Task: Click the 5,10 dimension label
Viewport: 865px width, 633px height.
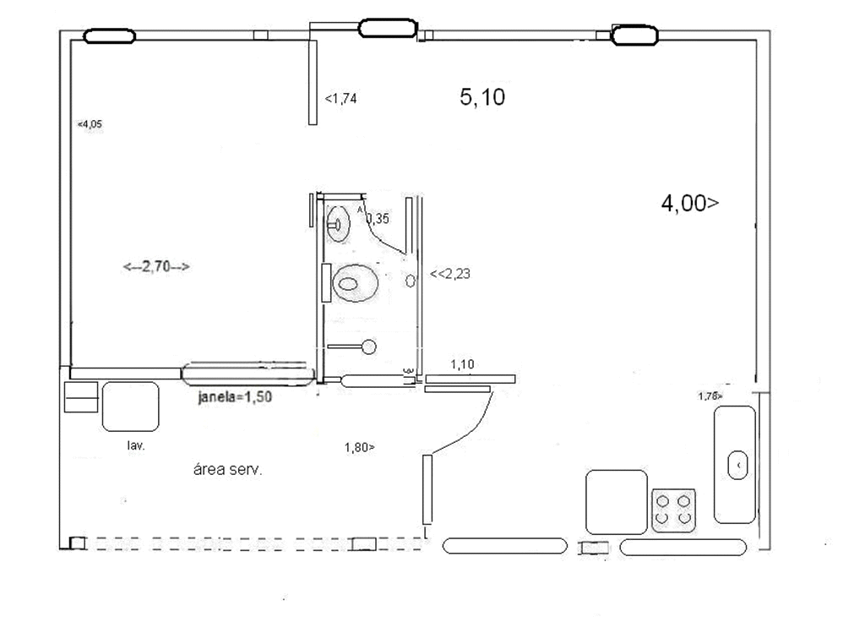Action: tap(482, 98)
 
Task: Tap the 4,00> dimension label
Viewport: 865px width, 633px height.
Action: tap(690, 204)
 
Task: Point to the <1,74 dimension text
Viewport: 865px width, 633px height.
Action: tap(341, 99)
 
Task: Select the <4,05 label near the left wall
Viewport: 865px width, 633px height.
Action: tap(90, 124)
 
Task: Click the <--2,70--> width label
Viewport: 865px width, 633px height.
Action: tap(156, 266)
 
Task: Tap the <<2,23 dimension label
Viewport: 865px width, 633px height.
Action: tap(450, 274)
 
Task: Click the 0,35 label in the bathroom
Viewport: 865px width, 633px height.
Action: tap(378, 219)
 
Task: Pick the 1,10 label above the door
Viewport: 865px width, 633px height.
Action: tap(462, 364)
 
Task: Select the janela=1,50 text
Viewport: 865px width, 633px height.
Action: tap(235, 397)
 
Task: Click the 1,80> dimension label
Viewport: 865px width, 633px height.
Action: tap(360, 448)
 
